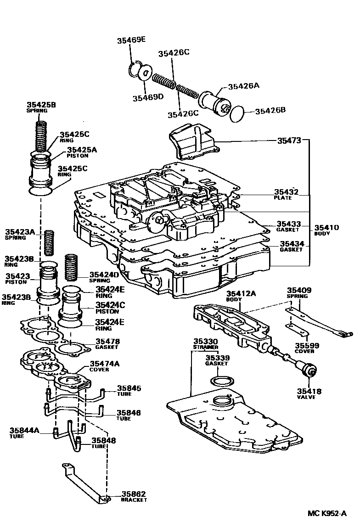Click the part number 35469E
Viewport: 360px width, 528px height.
click(129, 39)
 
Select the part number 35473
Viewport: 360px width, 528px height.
click(289, 140)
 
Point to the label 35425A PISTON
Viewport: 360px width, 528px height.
click(82, 152)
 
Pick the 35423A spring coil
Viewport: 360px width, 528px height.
click(49, 243)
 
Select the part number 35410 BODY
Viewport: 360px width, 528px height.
click(326, 230)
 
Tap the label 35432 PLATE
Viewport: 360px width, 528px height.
click(286, 194)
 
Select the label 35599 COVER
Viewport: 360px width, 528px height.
click(304, 348)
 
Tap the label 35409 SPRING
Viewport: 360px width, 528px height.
click(299, 293)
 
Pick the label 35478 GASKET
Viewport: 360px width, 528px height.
click(107, 344)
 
